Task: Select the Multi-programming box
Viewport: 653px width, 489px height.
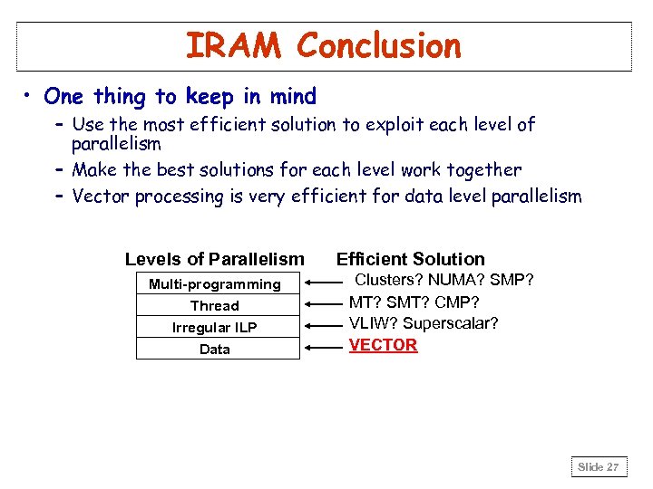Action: (217, 283)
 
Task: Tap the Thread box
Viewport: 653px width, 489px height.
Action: (217, 305)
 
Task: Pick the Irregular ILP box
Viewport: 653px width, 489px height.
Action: (217, 327)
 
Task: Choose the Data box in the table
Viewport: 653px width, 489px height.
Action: (217, 349)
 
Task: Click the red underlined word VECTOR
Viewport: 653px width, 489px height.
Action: (383, 345)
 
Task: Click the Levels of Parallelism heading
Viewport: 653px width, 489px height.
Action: (214, 260)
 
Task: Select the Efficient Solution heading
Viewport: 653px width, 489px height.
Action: (411, 259)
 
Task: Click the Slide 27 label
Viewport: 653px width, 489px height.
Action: (599, 467)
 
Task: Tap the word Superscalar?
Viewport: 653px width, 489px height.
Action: (451, 323)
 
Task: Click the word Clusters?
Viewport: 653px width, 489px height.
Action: (386, 280)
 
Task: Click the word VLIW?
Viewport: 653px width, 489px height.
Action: (373, 323)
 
